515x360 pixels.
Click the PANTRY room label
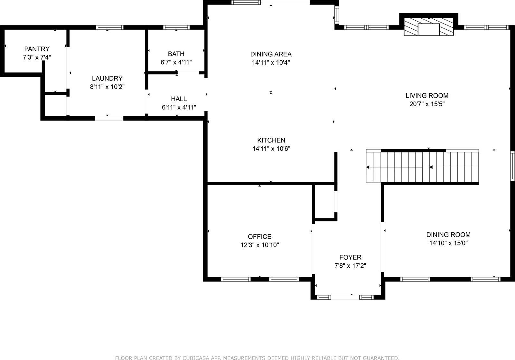coord(37,49)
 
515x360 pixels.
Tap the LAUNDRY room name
coord(107,78)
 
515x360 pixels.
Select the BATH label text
coord(176,54)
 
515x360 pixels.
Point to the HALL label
coord(179,99)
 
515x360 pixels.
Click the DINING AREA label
coord(271,54)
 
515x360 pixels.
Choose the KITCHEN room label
coord(271,140)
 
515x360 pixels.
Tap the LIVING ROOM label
coord(427,96)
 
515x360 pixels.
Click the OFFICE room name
coord(259,236)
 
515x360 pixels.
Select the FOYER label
coord(350,257)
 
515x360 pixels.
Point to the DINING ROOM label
coord(448,235)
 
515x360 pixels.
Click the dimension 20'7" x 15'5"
coord(427,104)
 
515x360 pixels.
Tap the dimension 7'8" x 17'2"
coord(350,266)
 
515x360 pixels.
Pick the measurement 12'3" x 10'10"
coord(259,245)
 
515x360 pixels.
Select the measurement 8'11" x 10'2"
coord(107,87)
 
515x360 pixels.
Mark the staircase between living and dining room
coord(422,167)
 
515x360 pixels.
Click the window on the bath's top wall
coord(176,27)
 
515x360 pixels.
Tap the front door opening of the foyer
coord(345,297)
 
